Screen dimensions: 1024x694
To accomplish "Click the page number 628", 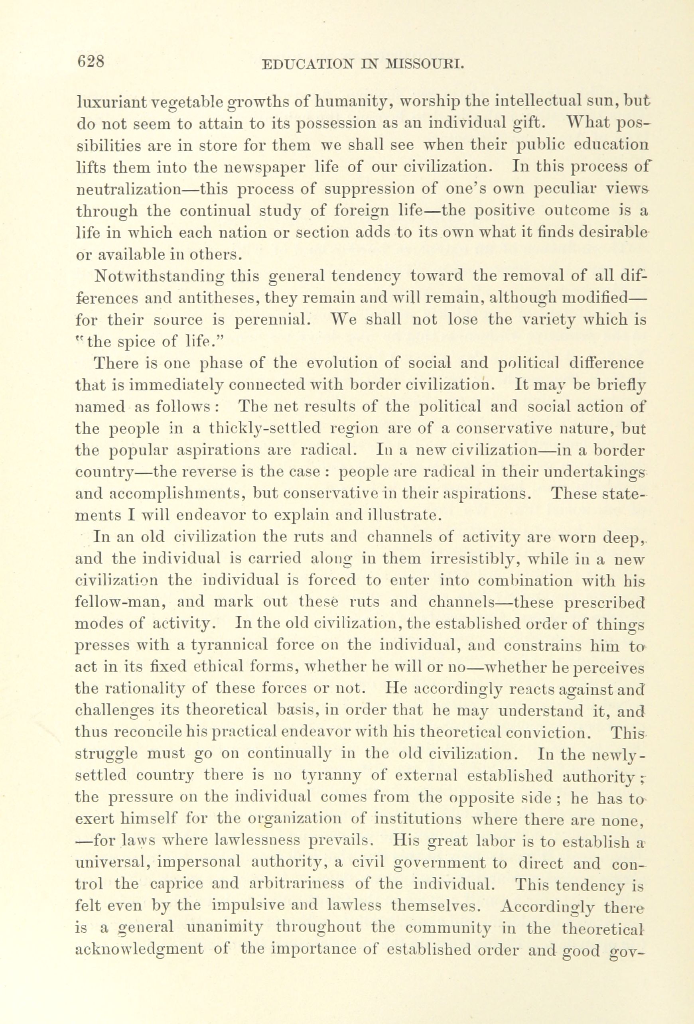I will pyautogui.click(x=91, y=61).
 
